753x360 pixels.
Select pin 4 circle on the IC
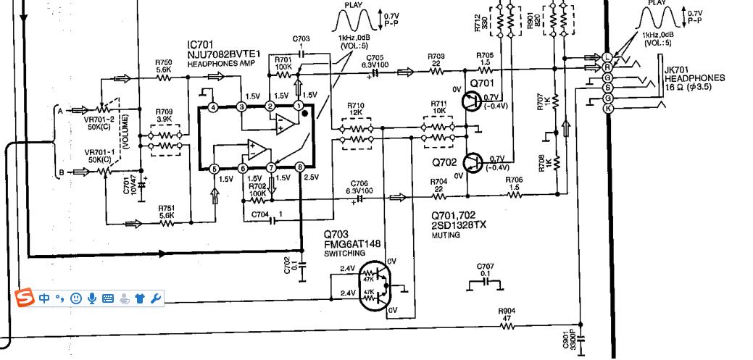pos(213,107)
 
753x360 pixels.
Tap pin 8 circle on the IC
pos(300,168)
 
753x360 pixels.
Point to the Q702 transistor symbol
pos(473,162)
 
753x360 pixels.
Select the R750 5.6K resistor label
pos(164,66)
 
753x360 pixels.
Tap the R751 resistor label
pos(167,210)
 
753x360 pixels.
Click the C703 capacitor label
pos(301,38)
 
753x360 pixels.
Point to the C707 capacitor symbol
pos(486,281)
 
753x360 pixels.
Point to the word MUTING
pos(445,235)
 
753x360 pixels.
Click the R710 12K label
pos(355,109)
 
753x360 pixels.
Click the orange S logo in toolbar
pos(26,298)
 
